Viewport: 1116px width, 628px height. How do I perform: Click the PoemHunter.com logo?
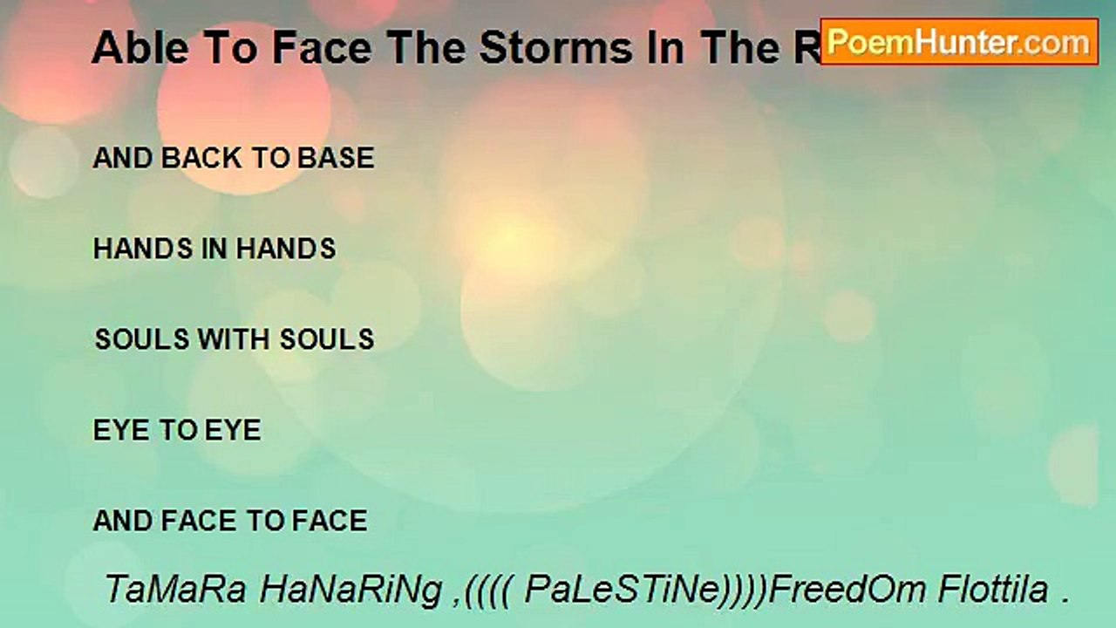959,42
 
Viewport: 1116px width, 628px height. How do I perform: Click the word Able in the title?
129,49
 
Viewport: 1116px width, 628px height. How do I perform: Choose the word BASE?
336,158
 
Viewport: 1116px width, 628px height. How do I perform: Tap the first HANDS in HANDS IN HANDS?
143,249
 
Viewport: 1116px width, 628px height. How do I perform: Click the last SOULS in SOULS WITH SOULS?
326,339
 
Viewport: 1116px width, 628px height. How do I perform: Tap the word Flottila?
993,590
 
